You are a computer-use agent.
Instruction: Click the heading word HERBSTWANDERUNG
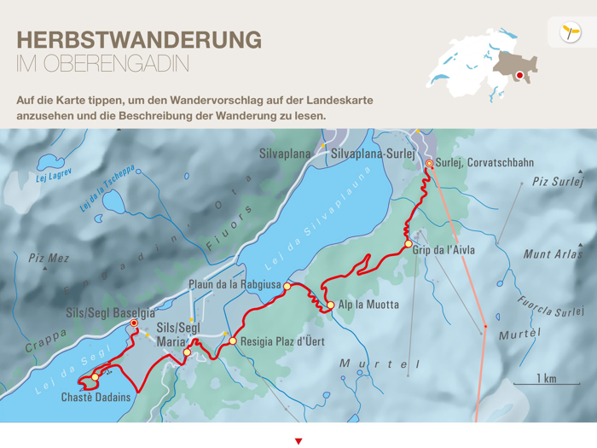139,40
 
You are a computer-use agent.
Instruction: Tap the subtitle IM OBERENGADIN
102,64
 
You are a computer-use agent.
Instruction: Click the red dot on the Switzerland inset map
519,75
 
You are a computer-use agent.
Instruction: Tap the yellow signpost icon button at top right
570,32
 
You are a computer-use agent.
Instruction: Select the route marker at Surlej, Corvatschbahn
428,163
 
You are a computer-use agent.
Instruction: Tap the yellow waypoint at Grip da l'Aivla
409,245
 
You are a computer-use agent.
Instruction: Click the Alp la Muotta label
368,305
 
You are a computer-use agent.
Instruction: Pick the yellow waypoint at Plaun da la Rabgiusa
287,287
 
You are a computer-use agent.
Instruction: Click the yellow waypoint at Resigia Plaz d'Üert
233,341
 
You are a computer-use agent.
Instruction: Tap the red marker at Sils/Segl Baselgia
134,324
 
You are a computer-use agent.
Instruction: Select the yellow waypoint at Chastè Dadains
95,376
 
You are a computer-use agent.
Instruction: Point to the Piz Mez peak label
48,258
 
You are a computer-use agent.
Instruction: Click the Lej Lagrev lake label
54,176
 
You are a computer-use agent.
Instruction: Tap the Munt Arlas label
552,253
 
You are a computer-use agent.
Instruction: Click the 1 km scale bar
546,383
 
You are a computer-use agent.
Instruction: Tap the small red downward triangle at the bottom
298,441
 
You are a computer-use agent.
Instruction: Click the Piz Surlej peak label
558,181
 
